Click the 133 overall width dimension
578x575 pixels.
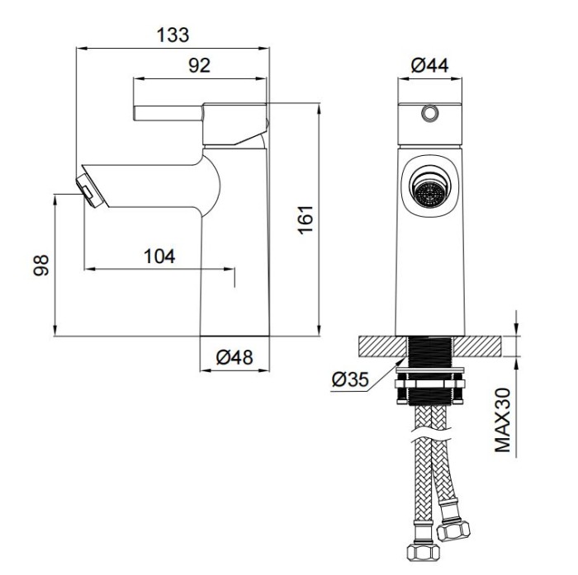173,35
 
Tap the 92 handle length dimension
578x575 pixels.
200,65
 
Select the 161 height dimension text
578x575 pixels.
306,219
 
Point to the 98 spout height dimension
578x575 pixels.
41,265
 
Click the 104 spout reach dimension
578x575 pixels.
159,257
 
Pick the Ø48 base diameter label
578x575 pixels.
235,357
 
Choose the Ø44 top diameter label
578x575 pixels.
429,65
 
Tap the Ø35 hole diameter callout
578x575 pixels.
350,379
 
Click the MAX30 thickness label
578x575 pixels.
503,420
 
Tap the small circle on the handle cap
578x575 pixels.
429,113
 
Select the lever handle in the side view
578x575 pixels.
168,113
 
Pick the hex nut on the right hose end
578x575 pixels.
453,530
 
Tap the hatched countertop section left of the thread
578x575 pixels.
383,346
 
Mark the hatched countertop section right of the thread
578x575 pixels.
478,346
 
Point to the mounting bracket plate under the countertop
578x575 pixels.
430,370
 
